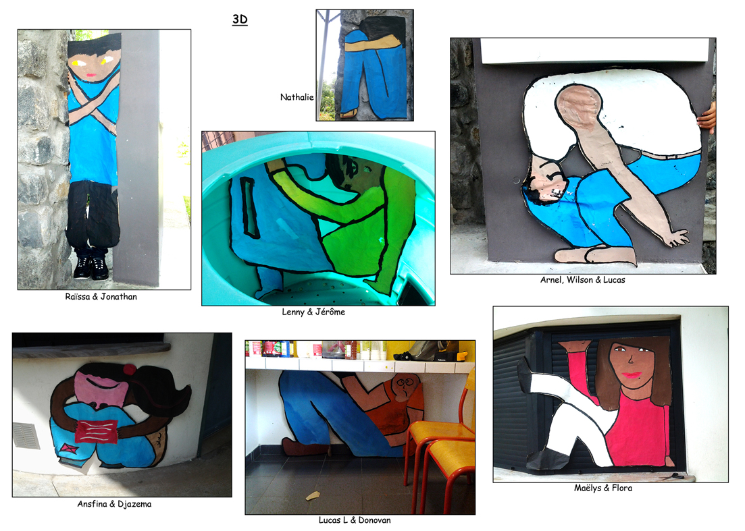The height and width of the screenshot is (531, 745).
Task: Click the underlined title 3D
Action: click(240, 20)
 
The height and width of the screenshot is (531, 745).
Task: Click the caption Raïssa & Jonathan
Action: click(101, 297)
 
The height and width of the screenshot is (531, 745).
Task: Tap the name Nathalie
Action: click(297, 97)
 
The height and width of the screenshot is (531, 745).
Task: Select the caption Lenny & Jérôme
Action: click(313, 312)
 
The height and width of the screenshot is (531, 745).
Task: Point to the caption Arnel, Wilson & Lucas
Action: click(582, 280)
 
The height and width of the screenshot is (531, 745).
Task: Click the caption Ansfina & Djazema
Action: click(115, 504)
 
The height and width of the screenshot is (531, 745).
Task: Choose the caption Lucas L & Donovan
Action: click(355, 520)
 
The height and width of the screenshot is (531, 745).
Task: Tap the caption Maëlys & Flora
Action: click(603, 488)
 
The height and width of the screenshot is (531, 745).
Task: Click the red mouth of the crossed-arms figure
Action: click(91, 76)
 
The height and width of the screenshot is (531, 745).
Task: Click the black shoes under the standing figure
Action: click(91, 268)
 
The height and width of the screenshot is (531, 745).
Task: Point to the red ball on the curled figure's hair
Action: click(129, 369)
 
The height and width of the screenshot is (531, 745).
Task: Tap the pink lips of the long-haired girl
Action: click(632, 375)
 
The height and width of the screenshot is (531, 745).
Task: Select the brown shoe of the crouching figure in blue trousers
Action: click(304, 447)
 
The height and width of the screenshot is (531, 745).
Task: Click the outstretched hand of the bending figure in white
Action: click(677, 237)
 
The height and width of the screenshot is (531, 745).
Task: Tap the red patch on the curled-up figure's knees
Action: click(97, 431)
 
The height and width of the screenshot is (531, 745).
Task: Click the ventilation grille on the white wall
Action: click(26, 436)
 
